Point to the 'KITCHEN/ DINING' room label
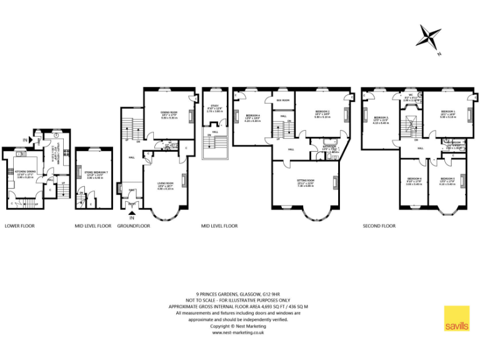tap(25, 174)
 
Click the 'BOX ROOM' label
tap(282, 100)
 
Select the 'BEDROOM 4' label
tap(252, 116)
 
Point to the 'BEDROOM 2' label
tap(322, 111)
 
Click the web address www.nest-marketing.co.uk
tap(238, 332)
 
